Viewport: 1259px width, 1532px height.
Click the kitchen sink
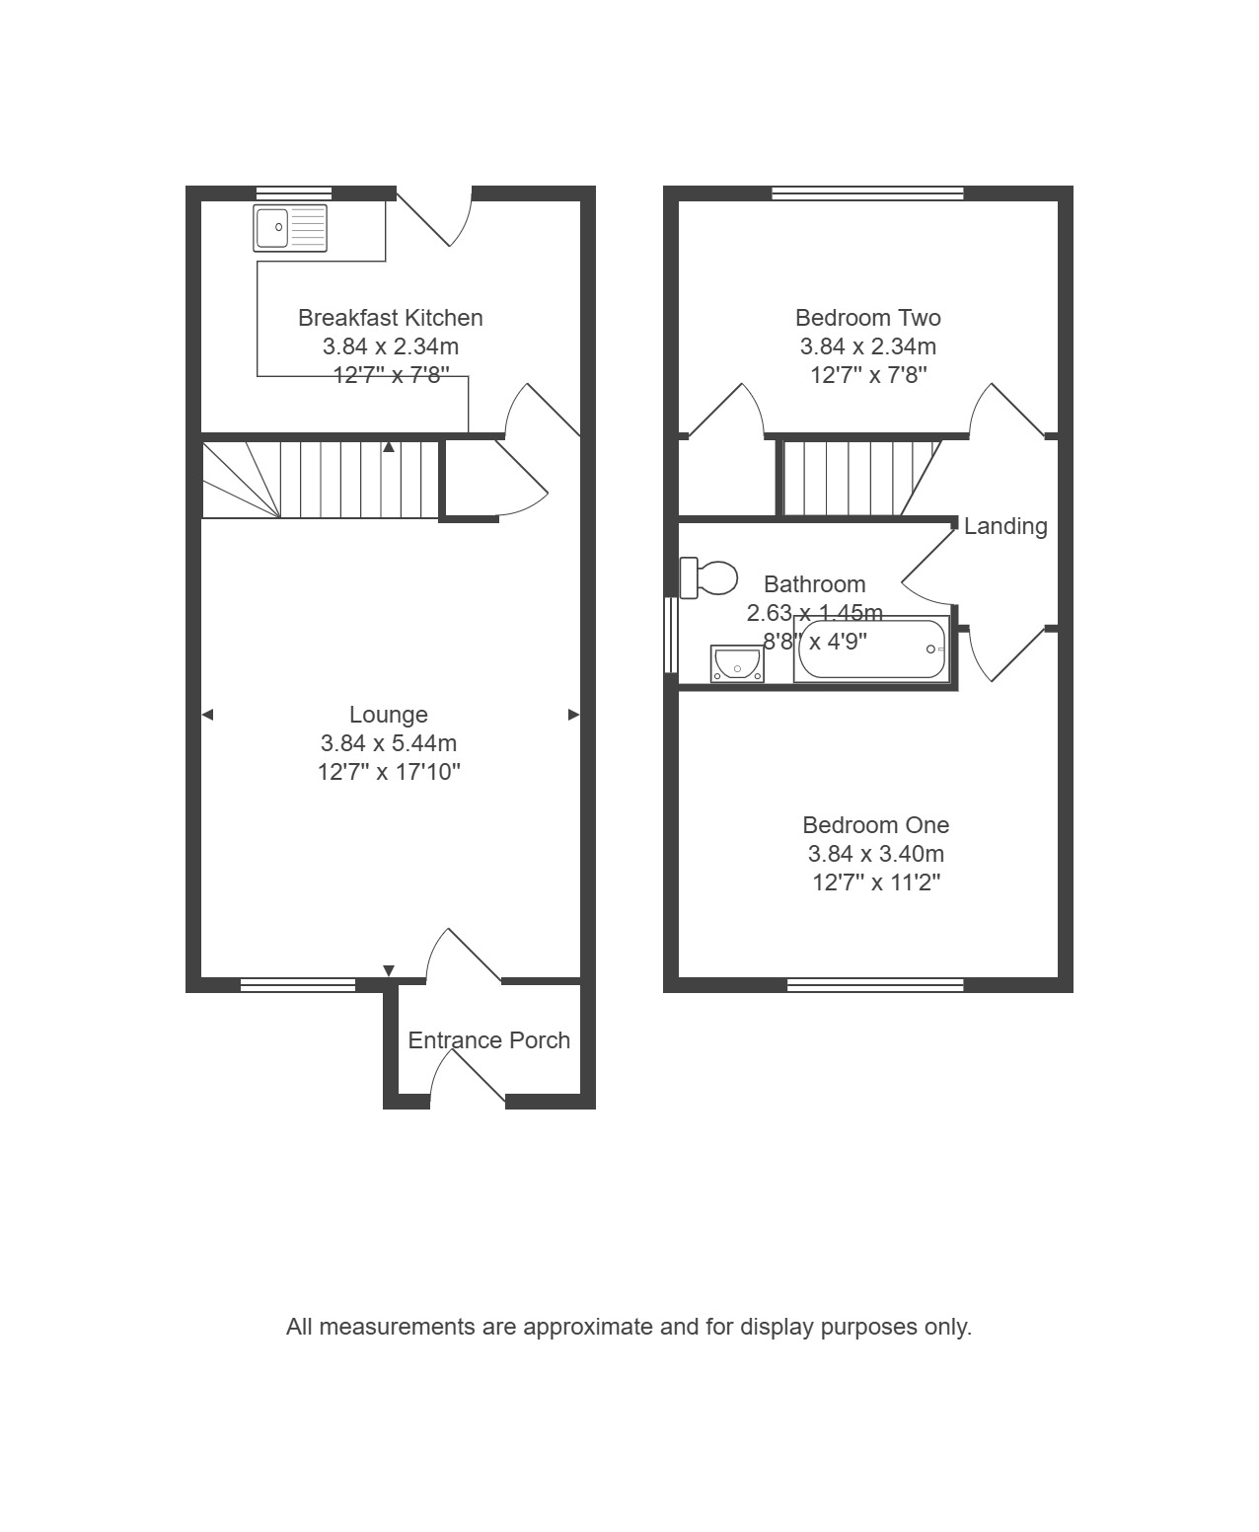pyautogui.click(x=290, y=228)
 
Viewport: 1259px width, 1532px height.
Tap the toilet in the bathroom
pyautogui.click(x=707, y=578)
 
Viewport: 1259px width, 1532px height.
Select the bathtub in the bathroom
pyautogui.click(x=871, y=649)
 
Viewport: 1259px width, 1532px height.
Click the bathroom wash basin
pyautogui.click(x=737, y=664)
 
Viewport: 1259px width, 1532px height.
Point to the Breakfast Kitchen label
pyautogui.click(x=390, y=318)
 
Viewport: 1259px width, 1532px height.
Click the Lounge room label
pyautogui.click(x=389, y=715)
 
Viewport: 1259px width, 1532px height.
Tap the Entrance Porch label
pyautogui.click(x=488, y=1040)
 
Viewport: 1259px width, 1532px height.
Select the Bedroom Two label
pyautogui.click(x=867, y=318)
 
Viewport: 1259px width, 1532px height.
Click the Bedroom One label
pyautogui.click(x=875, y=825)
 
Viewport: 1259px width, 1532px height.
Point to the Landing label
pyautogui.click(x=1004, y=526)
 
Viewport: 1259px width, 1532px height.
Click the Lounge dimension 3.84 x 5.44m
pyautogui.click(x=389, y=743)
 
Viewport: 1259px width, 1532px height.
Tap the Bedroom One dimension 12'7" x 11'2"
pyautogui.click(x=875, y=882)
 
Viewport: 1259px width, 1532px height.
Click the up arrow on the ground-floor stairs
pyautogui.click(x=389, y=447)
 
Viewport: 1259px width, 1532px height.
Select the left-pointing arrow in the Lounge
pyautogui.click(x=207, y=715)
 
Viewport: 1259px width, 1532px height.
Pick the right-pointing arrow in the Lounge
pyautogui.click(x=573, y=715)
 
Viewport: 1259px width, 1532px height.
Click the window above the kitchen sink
pyautogui.click(x=294, y=193)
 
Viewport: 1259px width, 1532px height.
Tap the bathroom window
pyautogui.click(x=671, y=635)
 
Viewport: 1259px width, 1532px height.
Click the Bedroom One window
pyautogui.click(x=875, y=985)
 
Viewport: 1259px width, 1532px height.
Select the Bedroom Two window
pyautogui.click(x=867, y=193)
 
